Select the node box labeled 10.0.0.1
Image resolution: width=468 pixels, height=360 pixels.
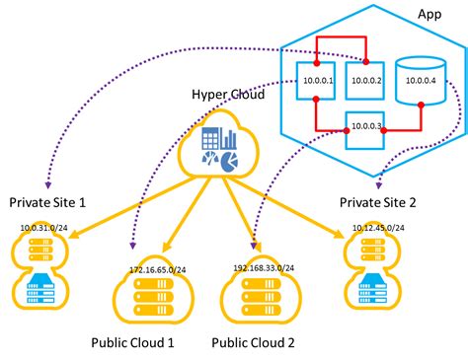(316, 81)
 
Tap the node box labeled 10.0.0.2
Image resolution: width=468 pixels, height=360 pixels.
(364, 81)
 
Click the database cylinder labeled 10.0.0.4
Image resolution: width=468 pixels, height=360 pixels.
(414, 80)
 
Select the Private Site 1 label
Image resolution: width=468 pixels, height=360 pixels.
(47, 202)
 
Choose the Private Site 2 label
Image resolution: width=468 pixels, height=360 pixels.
(379, 202)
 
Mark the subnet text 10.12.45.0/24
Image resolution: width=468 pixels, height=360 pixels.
(380, 229)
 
